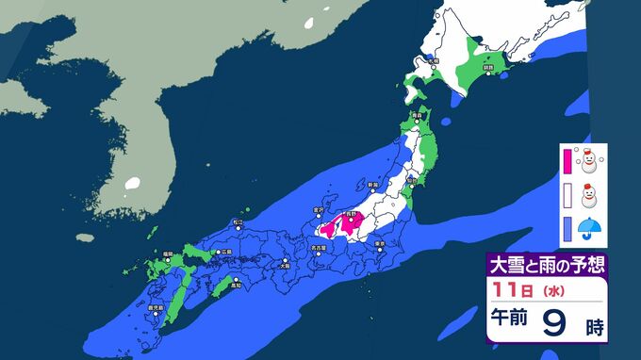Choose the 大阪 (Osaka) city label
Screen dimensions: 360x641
point(285,266)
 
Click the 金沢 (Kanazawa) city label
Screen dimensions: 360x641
point(317,210)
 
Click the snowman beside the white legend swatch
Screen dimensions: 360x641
point(592,196)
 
